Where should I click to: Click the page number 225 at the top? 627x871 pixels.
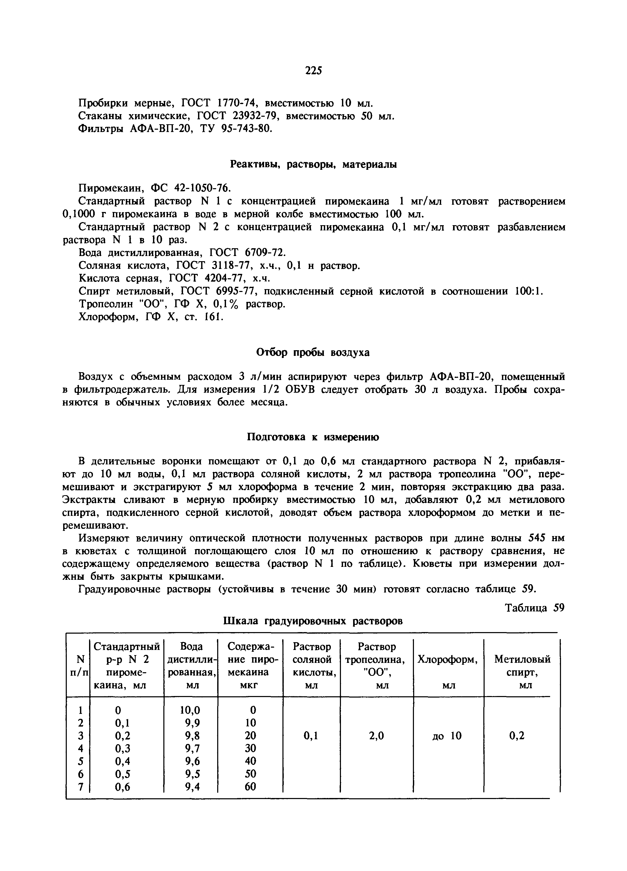pos(313,70)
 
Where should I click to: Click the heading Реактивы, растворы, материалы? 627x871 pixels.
pos(313,164)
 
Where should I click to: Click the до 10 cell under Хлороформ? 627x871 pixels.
pos(447,736)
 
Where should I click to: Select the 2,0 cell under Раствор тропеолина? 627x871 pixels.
pos(376,736)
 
